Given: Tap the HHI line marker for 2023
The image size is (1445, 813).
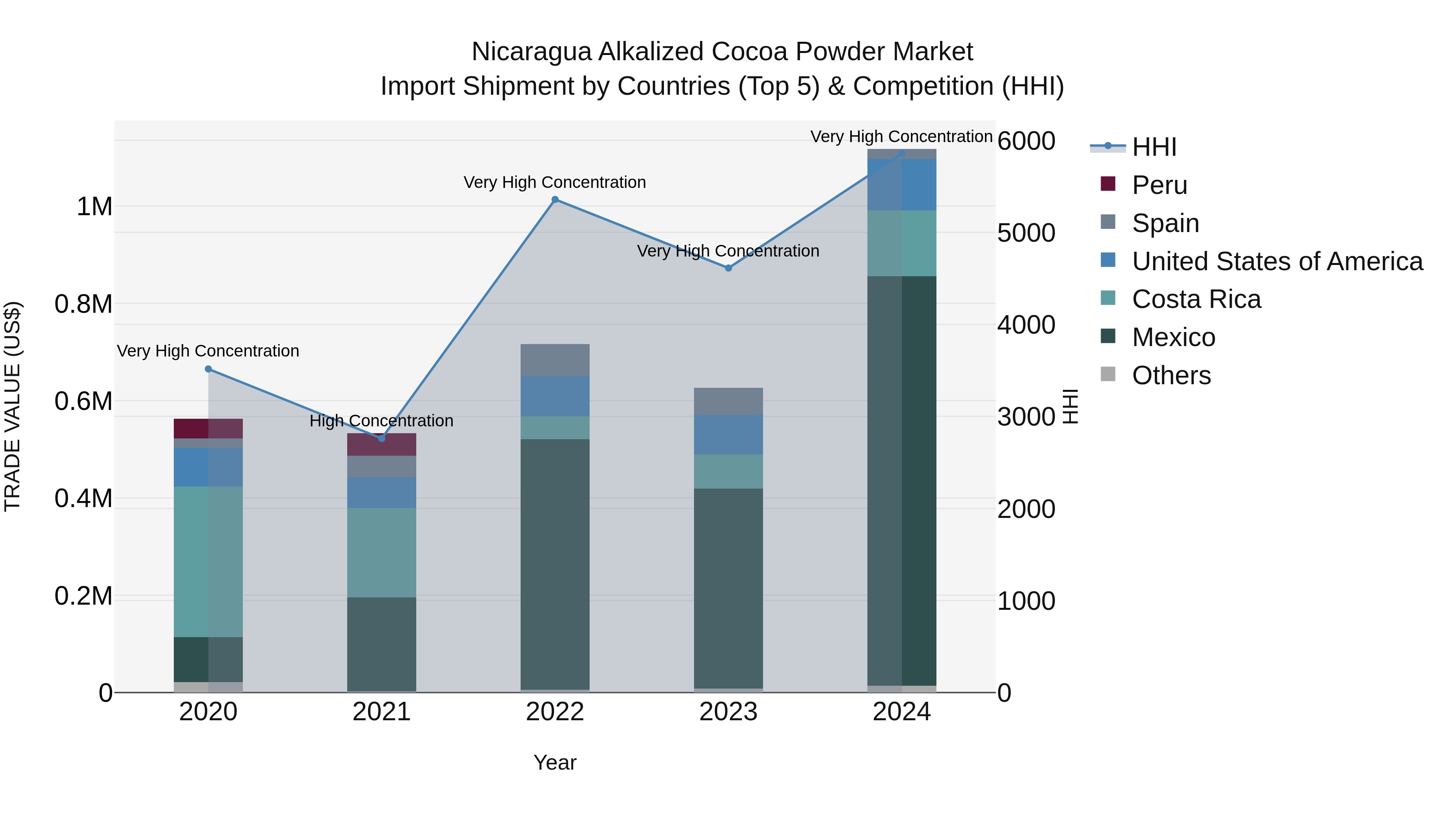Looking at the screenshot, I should (x=728, y=268).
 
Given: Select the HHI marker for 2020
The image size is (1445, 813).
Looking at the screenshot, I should (x=208, y=369).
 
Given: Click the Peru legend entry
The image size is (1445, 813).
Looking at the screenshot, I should (x=1159, y=185).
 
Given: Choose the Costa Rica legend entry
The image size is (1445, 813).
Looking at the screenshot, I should (x=1196, y=299).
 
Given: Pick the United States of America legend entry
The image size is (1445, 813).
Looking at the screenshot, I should (x=1277, y=261).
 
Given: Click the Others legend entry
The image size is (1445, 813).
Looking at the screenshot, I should (x=1171, y=375).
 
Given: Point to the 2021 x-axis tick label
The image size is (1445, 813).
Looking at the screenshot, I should (x=381, y=712).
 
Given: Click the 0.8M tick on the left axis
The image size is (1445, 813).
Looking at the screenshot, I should (x=83, y=304).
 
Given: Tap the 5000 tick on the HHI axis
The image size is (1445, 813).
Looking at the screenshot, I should (x=1026, y=233).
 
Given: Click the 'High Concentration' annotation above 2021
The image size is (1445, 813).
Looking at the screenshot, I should (x=381, y=421).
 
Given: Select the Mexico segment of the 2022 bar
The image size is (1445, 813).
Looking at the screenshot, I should (x=555, y=564).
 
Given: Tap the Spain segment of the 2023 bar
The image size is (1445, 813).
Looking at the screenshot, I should (x=728, y=401).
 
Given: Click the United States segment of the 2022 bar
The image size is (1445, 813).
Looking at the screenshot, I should (x=555, y=396).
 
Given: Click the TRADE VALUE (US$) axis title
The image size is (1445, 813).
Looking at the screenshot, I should (x=13, y=406).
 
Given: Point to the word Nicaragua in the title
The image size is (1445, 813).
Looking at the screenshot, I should (x=531, y=52).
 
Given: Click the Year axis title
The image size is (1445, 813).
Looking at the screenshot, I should (x=555, y=762).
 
